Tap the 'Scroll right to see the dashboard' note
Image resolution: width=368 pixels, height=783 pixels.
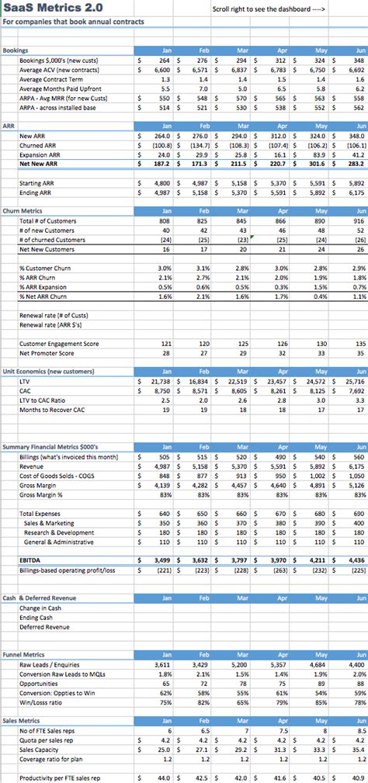tap(269, 10)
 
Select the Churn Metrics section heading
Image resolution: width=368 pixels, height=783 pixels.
tap(24, 211)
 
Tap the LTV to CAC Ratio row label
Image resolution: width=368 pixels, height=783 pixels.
tap(46, 400)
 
